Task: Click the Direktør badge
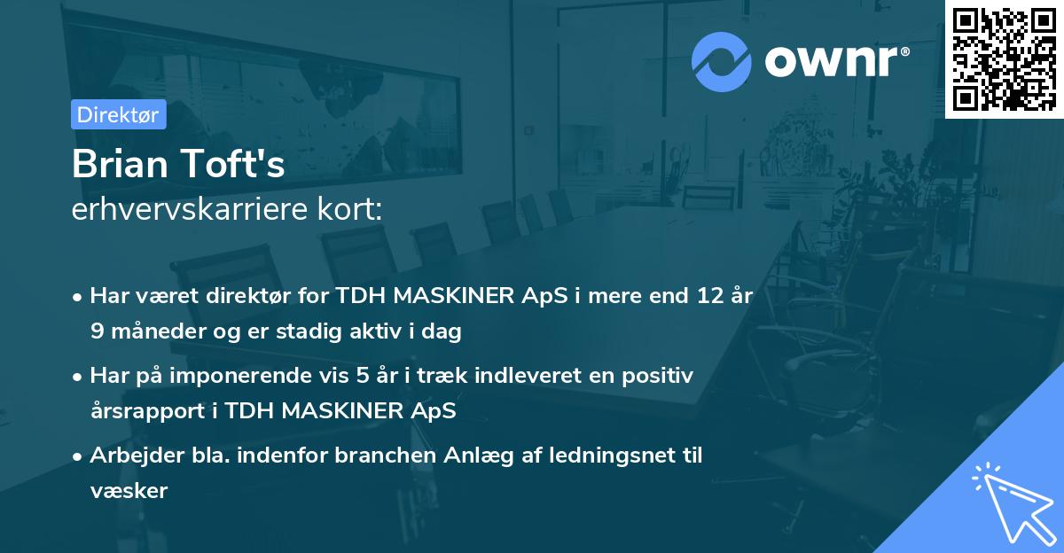coord(118,114)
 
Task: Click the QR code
coord(1004,58)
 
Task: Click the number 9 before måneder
coord(96,332)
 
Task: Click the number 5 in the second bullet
coord(395,376)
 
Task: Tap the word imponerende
coord(270,376)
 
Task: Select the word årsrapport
coord(140,411)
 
